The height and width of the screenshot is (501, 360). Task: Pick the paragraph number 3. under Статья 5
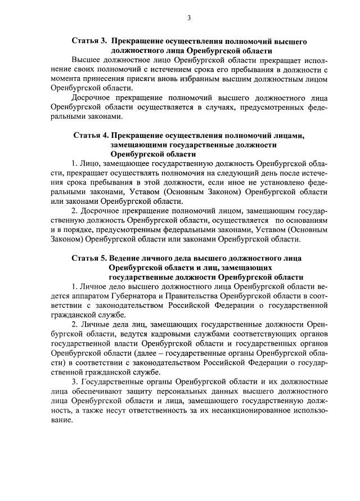[x=75, y=382]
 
